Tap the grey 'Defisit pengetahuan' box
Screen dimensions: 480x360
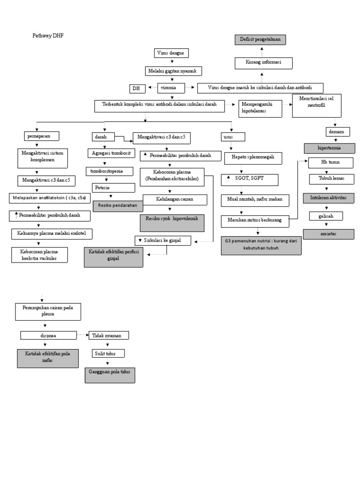(260, 40)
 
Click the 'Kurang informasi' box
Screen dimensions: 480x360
(263, 62)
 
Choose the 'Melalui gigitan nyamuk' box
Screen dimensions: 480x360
(173, 71)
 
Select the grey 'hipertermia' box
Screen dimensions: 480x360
(329, 148)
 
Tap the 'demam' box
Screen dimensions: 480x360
(337, 132)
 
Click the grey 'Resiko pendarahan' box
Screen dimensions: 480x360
(118, 205)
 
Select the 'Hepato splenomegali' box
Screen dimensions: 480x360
(254, 158)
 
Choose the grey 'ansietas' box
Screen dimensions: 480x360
(329, 233)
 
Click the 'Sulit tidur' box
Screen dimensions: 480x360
(108, 353)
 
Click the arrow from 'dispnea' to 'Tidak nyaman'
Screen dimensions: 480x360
(83, 335)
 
